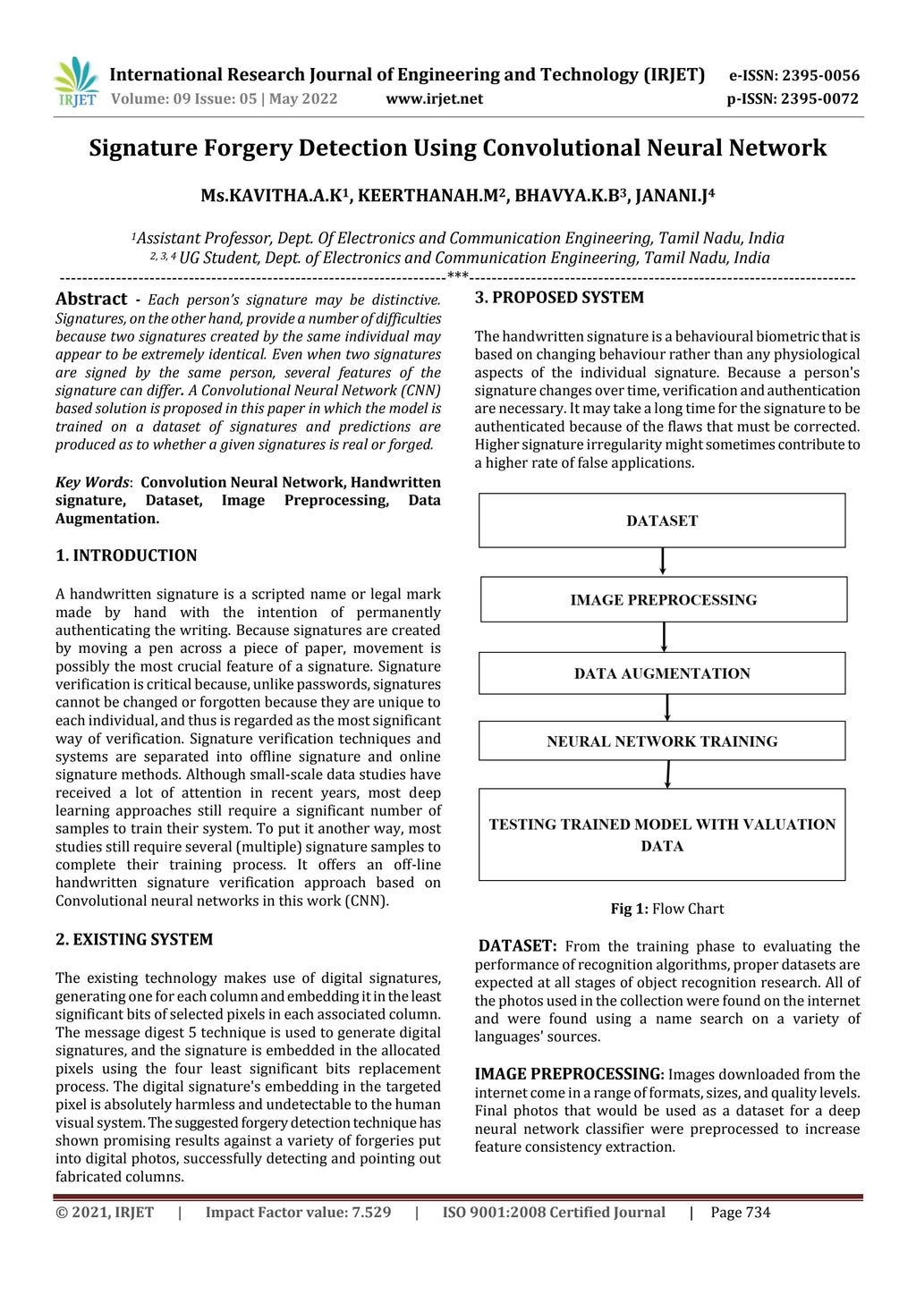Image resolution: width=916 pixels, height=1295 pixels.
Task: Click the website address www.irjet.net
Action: [x=434, y=99]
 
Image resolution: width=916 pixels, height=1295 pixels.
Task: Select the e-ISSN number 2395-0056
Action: [x=818, y=76]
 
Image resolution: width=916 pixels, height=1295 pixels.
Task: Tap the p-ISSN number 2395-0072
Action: [x=818, y=99]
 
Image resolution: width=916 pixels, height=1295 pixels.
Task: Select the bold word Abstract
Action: [x=91, y=300]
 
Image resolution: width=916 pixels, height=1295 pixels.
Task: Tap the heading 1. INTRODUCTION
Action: [x=126, y=555]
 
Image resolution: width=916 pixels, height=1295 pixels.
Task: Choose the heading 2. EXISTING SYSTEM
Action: [x=134, y=940]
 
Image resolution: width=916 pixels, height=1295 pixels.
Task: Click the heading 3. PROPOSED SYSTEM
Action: [x=559, y=298]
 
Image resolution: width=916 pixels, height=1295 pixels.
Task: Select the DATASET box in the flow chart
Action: [x=662, y=521]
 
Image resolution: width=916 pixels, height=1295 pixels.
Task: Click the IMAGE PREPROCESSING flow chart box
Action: [x=663, y=600]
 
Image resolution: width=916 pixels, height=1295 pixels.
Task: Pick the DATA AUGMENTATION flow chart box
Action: [x=662, y=673]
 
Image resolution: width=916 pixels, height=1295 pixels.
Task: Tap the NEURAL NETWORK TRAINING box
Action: [x=662, y=741]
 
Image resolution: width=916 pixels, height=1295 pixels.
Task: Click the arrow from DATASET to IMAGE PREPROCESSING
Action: [x=663, y=562]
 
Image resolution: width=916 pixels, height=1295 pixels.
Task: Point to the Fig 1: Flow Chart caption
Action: [x=666, y=910]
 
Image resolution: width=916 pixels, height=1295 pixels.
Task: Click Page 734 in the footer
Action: [x=740, y=1213]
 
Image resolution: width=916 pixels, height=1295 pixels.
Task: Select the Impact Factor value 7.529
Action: [x=298, y=1213]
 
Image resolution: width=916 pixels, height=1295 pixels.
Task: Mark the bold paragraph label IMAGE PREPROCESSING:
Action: [x=569, y=1075]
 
